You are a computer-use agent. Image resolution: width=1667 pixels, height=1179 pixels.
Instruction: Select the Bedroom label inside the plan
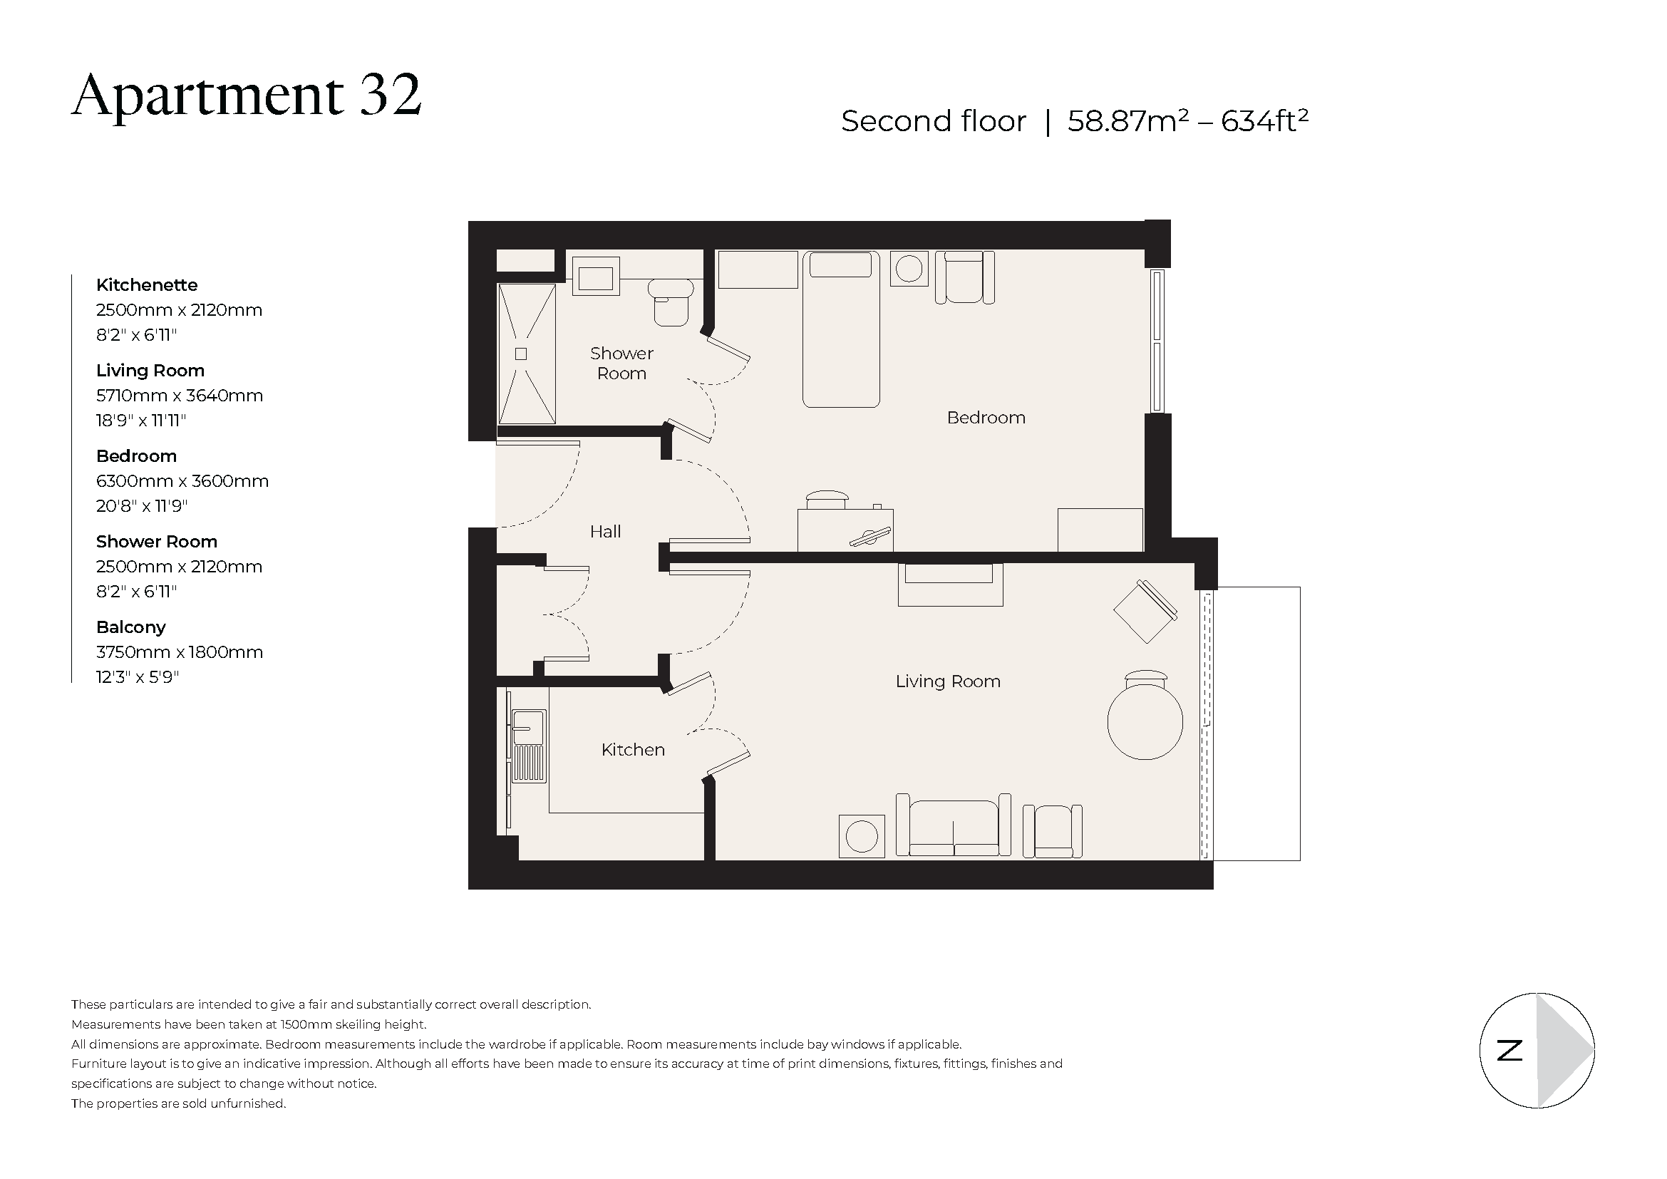pos(985,418)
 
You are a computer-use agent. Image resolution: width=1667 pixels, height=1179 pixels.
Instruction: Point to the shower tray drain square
pos(520,354)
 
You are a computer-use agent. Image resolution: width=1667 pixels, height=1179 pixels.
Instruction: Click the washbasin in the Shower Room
pos(595,277)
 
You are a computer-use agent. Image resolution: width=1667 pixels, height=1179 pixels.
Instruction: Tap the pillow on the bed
pos(840,264)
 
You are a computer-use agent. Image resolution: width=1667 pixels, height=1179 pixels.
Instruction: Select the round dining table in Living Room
pos(1145,722)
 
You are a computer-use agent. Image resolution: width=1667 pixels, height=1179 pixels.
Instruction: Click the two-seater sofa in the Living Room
pos(953,827)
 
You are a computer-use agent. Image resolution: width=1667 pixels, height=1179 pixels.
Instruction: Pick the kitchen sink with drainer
pos(529,746)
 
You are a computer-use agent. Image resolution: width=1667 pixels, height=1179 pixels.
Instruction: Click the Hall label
pos(605,532)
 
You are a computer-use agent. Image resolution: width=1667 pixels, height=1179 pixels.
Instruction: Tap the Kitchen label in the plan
pos(632,750)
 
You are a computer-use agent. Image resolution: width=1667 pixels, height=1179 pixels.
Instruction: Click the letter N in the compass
pos(1509,1051)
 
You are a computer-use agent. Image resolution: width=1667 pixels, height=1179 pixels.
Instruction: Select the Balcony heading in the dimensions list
pos(130,627)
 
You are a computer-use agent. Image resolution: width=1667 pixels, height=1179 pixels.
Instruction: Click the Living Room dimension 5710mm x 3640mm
pos(180,396)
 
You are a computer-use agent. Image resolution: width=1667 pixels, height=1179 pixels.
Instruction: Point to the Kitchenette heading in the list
pos(147,284)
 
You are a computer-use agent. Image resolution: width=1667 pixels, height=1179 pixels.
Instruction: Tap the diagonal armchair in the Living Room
pos(1145,612)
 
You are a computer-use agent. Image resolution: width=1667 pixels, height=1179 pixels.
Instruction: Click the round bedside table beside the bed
pos(908,269)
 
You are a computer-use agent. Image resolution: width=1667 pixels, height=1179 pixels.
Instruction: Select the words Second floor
pos(933,121)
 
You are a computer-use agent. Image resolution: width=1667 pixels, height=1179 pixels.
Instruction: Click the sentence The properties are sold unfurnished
pos(179,1103)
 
